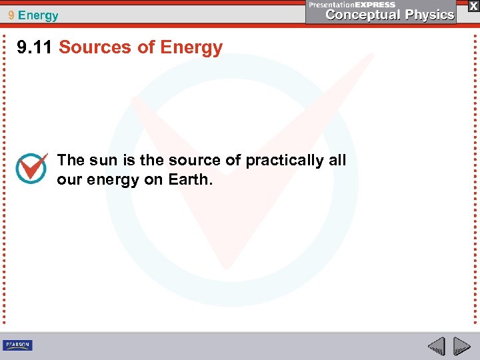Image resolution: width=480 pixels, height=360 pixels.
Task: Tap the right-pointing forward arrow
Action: coord(461,346)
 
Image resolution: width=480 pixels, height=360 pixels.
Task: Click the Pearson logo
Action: coord(17,345)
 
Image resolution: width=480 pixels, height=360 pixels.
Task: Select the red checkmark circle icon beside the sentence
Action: coord(31,169)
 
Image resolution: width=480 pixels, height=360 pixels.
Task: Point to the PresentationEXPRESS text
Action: coord(352,4)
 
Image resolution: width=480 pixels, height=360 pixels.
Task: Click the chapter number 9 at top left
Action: coord(11,15)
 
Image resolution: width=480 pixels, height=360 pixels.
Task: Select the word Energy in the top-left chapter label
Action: coord(39,15)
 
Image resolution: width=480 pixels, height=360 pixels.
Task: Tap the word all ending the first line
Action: coord(337,160)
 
